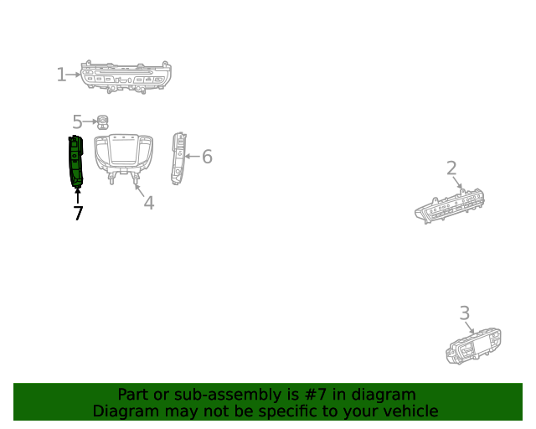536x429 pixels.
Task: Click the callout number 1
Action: [x=61, y=75]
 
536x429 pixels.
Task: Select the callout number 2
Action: [x=451, y=168]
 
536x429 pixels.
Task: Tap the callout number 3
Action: [x=465, y=313]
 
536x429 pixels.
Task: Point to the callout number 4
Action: [x=149, y=203]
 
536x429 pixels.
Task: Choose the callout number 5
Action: [x=77, y=121]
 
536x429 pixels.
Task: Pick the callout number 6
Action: [x=207, y=157]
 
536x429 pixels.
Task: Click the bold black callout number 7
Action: [x=78, y=213]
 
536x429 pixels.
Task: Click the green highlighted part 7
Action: [x=76, y=161]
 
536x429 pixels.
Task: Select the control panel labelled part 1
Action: [x=126, y=77]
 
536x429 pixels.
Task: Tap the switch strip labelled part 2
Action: [x=450, y=206]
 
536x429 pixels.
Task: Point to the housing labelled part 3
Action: [x=473, y=346]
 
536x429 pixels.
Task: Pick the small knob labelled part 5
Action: [x=102, y=122]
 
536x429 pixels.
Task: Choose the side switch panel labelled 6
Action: [x=178, y=158]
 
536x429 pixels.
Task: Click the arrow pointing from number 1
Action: [x=73, y=75]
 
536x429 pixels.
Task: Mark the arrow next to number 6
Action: [x=192, y=157]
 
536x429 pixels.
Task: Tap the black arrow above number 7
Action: [x=78, y=196]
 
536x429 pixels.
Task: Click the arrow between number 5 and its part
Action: [x=90, y=121]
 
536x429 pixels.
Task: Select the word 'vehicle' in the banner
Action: [x=415, y=411]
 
